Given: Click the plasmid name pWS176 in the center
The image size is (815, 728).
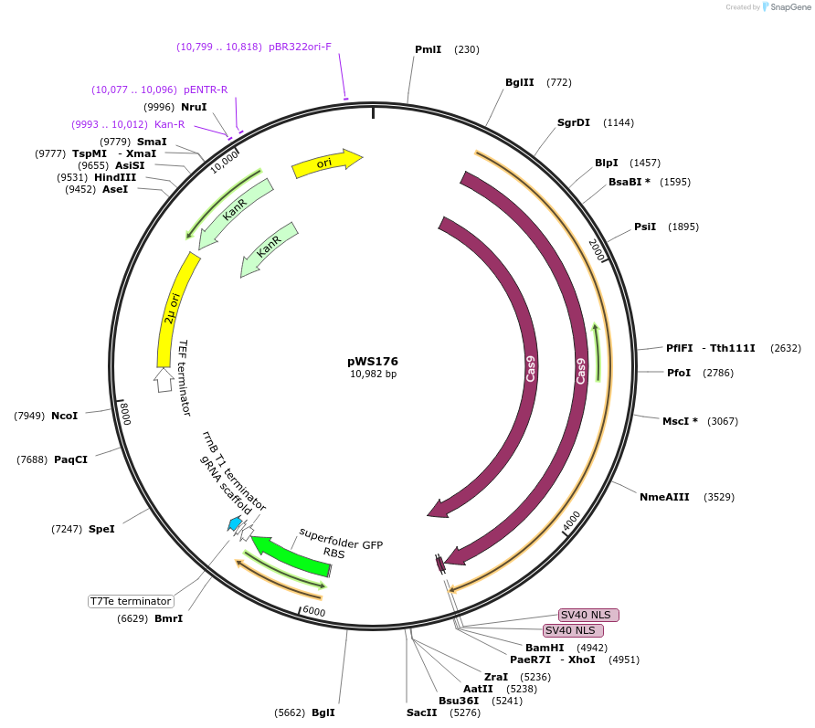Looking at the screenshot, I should pyautogui.click(x=373, y=361).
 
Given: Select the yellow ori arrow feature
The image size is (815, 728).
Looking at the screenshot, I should pyautogui.click(x=326, y=163).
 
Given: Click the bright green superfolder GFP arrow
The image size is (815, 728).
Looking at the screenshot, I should pyautogui.click(x=291, y=558).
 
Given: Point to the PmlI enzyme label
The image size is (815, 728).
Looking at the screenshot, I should pyautogui.click(x=428, y=49).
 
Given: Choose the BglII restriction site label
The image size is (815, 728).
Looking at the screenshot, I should pyautogui.click(x=520, y=82).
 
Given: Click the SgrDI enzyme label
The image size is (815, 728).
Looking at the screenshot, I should pyautogui.click(x=574, y=122).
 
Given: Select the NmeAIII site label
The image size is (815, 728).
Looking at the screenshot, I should pyautogui.click(x=664, y=497).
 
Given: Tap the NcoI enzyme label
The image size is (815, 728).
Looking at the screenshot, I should pyautogui.click(x=64, y=416).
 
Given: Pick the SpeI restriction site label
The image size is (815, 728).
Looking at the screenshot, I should pyautogui.click(x=101, y=529).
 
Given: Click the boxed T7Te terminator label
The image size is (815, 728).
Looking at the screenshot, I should pyautogui.click(x=131, y=601).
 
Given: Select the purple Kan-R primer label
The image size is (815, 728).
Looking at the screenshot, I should pyautogui.click(x=169, y=124).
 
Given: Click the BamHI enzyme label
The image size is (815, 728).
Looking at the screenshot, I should pyautogui.click(x=545, y=648).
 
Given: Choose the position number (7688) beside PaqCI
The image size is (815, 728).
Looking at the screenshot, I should pyautogui.click(x=32, y=459).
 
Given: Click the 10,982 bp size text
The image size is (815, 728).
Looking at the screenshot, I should pyautogui.click(x=373, y=375).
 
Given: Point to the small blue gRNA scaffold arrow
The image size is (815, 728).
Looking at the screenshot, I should pyautogui.click(x=235, y=523).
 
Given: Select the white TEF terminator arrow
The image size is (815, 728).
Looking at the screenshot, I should pyautogui.click(x=164, y=379).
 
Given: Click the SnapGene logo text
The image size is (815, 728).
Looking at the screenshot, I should pyautogui.click(x=789, y=6).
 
